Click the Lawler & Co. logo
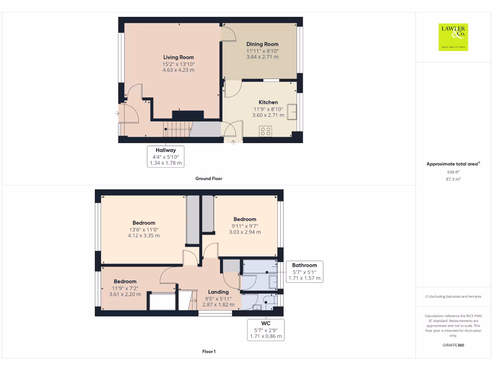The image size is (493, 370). point(453,37)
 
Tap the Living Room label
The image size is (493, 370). point(179,57)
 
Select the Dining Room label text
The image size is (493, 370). point(262,44)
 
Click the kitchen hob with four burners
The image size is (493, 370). point(265,131)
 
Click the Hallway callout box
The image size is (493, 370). point(166,157)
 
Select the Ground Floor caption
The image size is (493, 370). point(208,178)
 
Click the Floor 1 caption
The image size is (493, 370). point(208,352)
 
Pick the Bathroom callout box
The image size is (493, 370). point(304,272)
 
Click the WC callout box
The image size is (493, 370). point(265,330)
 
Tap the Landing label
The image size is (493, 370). point(218,292)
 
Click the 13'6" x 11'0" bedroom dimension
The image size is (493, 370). point(143,230)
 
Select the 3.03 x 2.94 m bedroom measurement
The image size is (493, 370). point(245,232)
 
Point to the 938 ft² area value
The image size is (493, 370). point(453,172)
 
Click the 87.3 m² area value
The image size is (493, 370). point(453,179)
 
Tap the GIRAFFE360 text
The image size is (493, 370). point(453,345)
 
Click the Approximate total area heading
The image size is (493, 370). point(453,164)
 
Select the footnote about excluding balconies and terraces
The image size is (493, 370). point(453,297)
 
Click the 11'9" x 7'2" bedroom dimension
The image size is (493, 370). point(125,288)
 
